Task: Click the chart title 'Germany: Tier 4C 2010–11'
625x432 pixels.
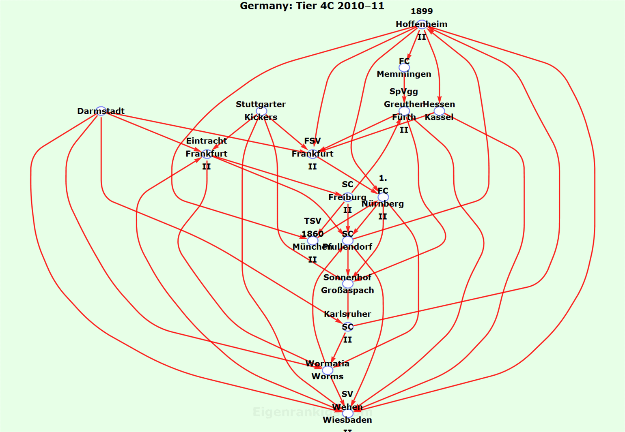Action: tap(312, 6)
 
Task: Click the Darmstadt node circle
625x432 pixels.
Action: tap(101, 111)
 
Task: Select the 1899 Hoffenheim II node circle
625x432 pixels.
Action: tap(422, 24)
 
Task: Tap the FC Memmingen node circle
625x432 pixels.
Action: tap(404, 68)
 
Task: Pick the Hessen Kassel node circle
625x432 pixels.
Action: tap(439, 111)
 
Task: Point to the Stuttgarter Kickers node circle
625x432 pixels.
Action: tap(261, 111)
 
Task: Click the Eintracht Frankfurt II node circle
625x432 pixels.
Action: tap(207, 154)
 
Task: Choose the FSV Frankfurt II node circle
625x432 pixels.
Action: tap(312, 154)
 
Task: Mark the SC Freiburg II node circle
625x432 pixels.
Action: tap(347, 197)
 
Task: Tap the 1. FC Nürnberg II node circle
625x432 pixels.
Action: tap(383, 197)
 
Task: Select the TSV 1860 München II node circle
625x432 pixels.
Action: tap(312, 241)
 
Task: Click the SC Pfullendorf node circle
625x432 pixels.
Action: tap(347, 241)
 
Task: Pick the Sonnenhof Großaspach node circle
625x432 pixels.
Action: tap(347, 284)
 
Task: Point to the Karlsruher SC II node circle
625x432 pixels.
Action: tap(347, 327)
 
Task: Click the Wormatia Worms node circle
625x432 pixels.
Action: tap(328, 370)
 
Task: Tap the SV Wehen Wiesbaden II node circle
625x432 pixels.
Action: tap(347, 413)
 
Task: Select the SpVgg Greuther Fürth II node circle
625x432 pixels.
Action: tap(404, 111)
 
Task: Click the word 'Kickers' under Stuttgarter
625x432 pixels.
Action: tap(261, 118)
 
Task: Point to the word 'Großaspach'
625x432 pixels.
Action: tap(347, 291)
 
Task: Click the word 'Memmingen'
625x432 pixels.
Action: tap(404, 74)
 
